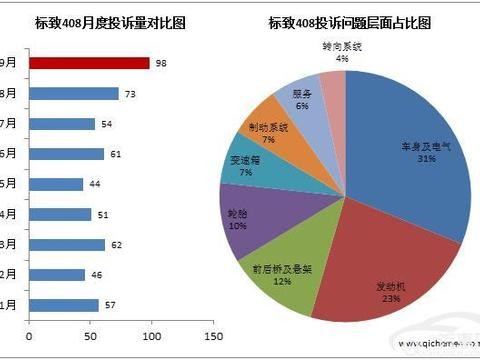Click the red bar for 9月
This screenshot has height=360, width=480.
point(89,63)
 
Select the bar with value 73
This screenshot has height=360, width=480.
point(74,94)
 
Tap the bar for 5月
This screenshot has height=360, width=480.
point(56,184)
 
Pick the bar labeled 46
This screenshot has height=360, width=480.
point(57,274)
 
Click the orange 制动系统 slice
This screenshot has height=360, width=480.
point(272,126)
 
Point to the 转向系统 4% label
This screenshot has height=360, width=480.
point(342,52)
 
